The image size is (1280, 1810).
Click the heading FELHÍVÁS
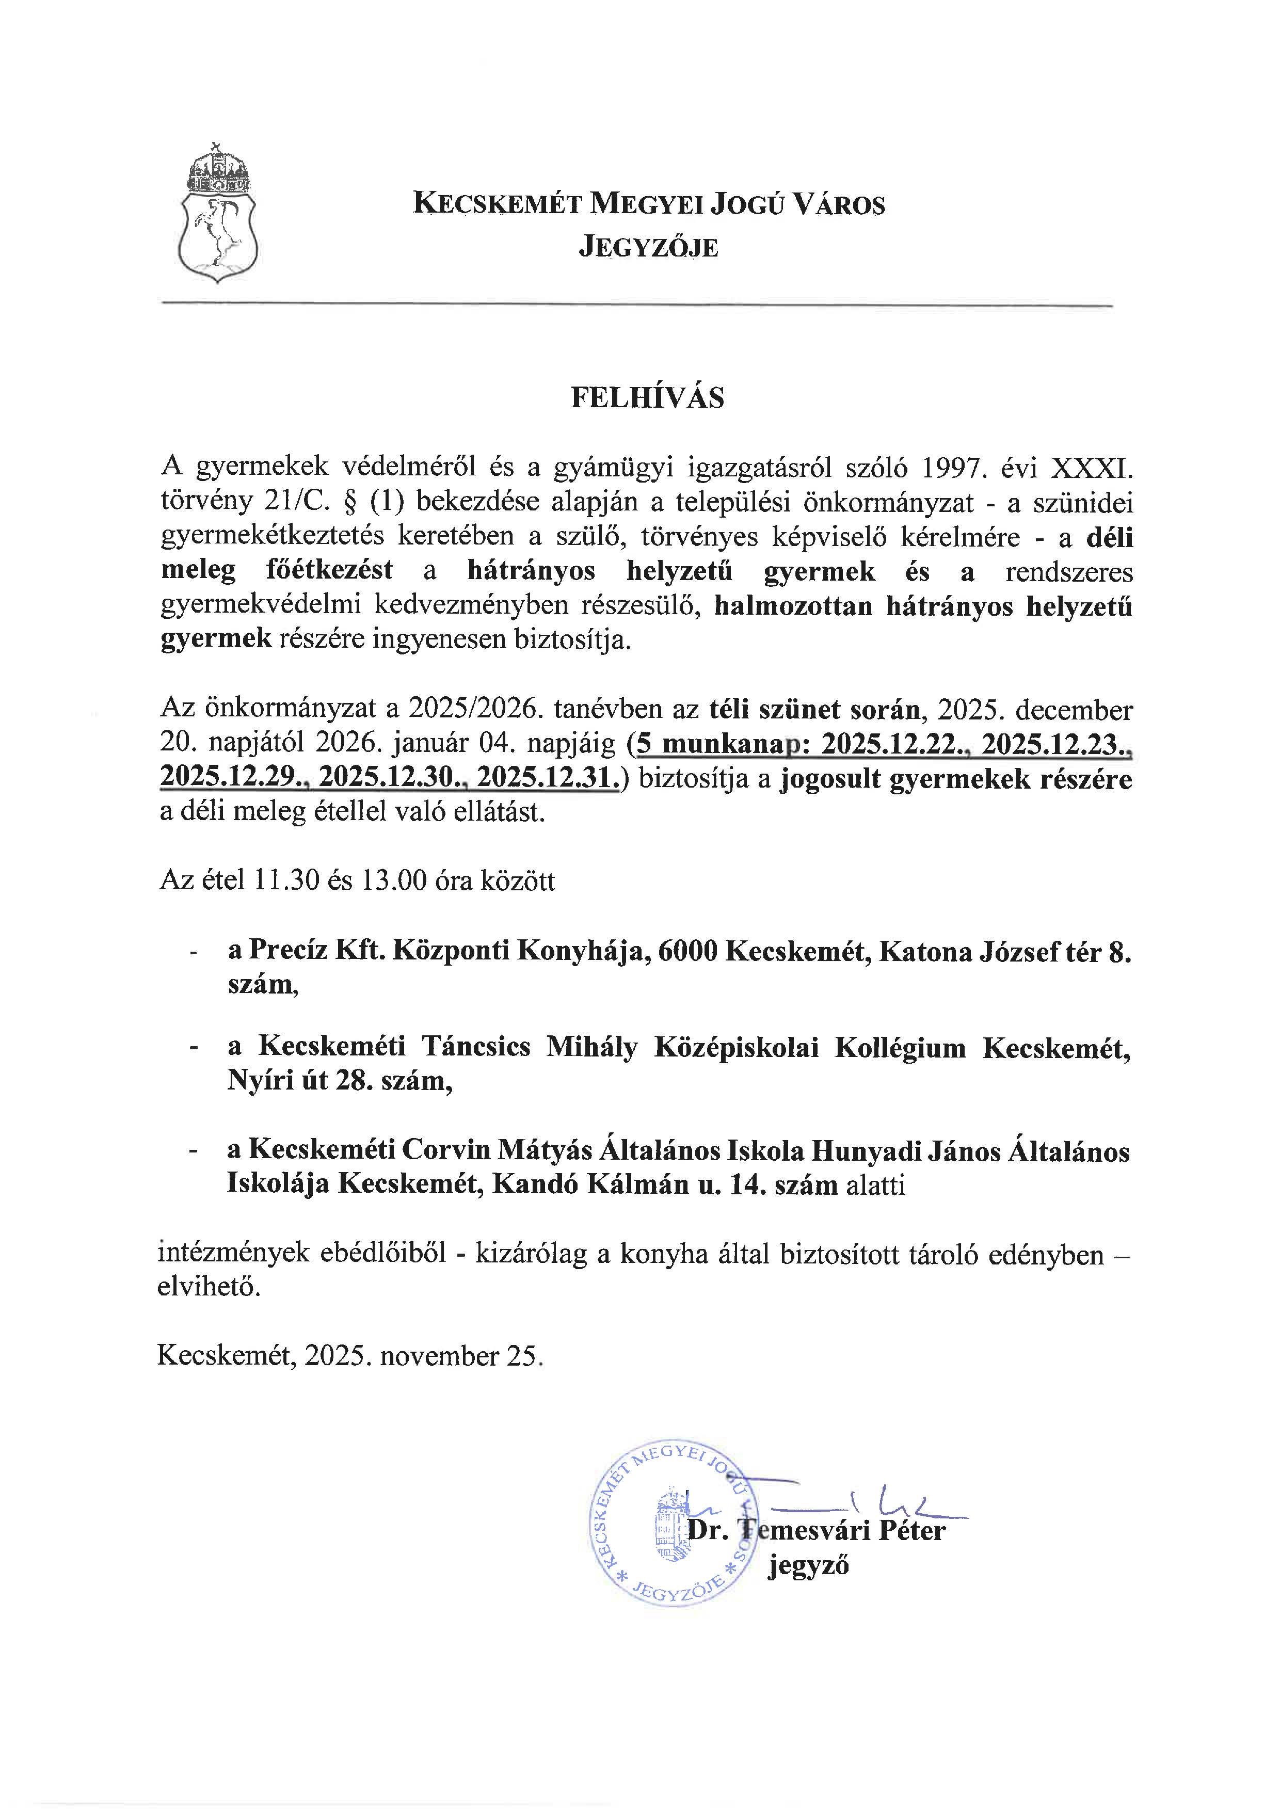tap(647, 398)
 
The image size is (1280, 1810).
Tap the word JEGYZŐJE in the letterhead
tap(649, 248)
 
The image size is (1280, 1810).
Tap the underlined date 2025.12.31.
tap(549, 779)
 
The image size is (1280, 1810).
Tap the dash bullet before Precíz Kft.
tap(193, 954)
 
